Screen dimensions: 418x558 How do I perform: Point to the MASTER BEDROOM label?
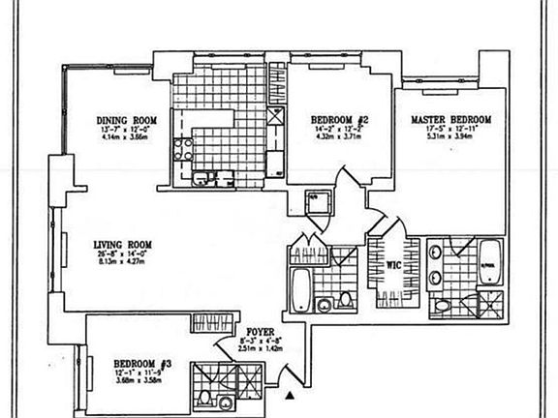tap(451, 119)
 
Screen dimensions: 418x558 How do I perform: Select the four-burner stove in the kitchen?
tap(181, 152)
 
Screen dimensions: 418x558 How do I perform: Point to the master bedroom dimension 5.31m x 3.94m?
tap(450, 136)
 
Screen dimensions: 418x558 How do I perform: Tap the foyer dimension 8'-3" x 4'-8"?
tap(259, 340)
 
